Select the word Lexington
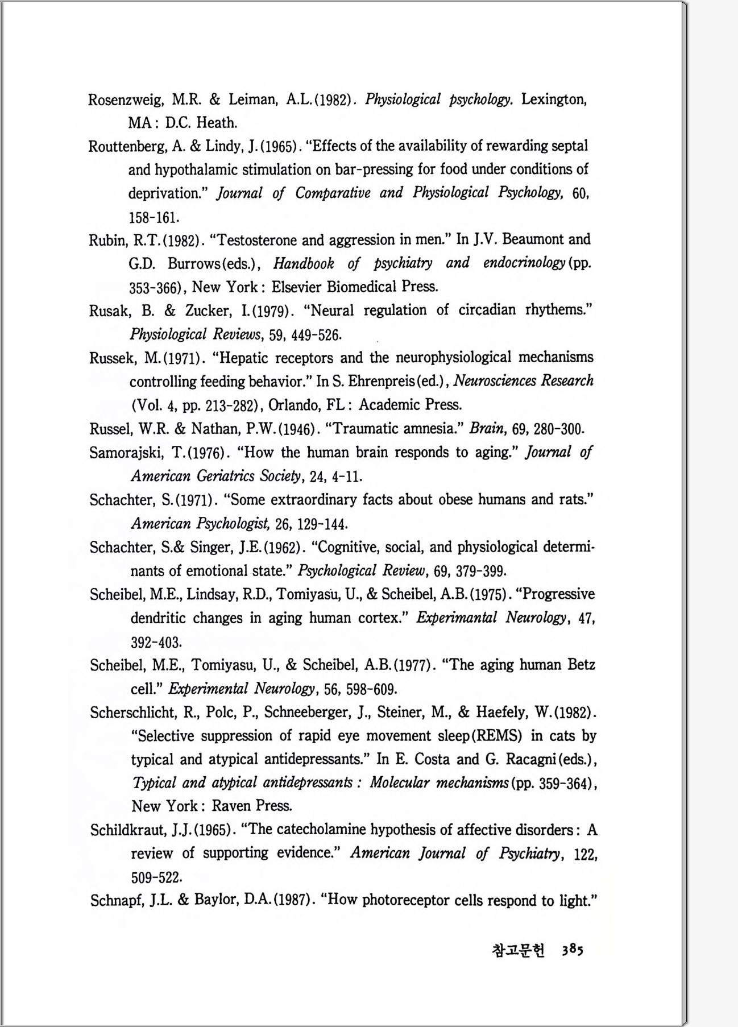553,100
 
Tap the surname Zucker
209,310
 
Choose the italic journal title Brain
484,429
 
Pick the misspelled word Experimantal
455,618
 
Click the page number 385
573,951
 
